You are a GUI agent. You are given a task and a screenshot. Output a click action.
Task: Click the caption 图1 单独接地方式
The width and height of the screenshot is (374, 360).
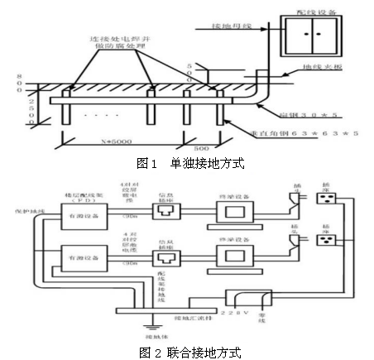tap(185, 163)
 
